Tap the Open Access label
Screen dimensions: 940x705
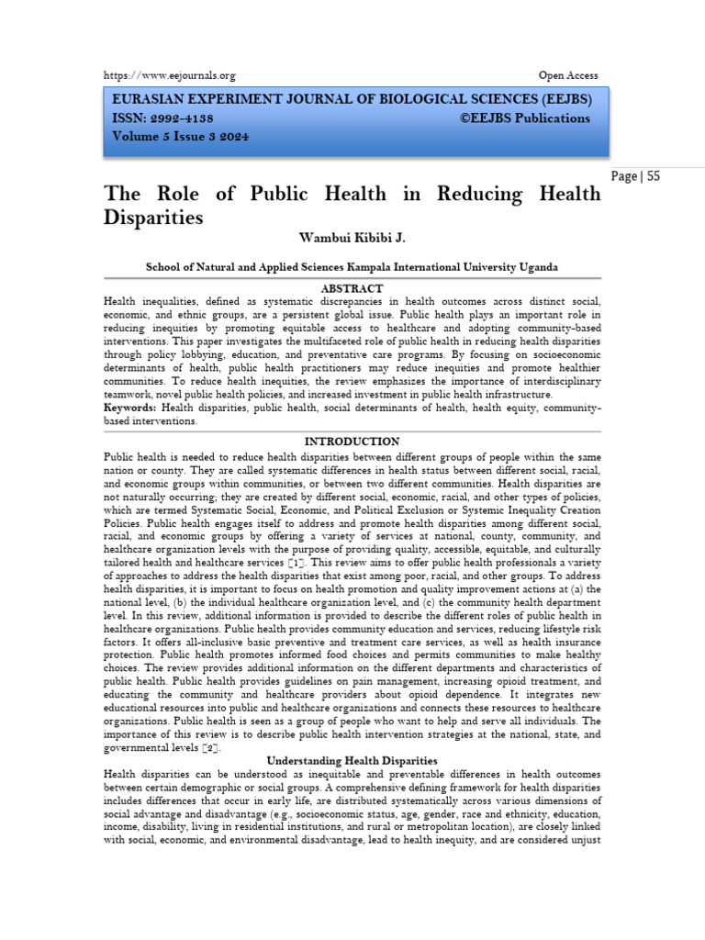pos(567,75)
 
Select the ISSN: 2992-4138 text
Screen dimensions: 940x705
pos(164,118)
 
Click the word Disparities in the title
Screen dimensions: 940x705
pos(153,218)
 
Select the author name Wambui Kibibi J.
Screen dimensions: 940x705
pos(352,238)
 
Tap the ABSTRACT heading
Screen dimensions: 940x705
pos(352,288)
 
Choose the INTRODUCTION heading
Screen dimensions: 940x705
pos(352,442)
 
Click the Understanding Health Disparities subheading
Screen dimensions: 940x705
pos(352,761)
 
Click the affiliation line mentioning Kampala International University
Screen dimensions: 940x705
pos(352,266)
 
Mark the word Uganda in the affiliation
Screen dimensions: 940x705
pos(534,266)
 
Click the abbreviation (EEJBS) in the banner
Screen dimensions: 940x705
pos(558,99)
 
